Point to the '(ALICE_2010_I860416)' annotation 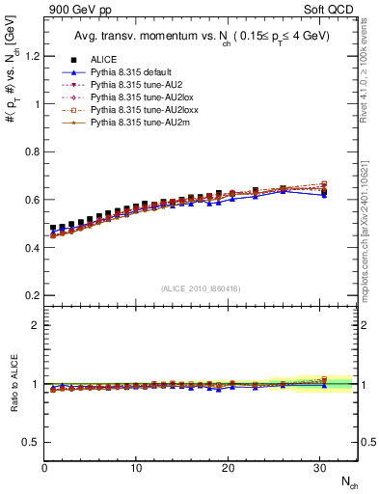pos(201,288)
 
